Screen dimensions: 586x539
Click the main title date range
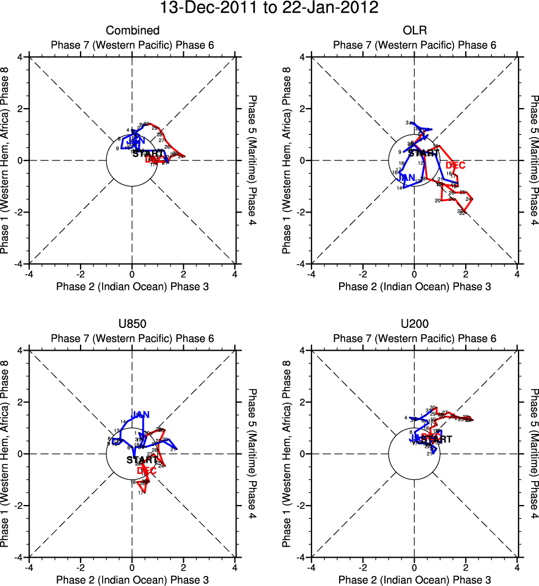click(x=269, y=8)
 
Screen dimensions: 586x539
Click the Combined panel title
click(x=133, y=31)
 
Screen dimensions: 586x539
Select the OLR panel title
click(x=414, y=31)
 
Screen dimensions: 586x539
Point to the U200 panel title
click(x=414, y=324)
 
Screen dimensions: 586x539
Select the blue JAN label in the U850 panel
click(x=140, y=414)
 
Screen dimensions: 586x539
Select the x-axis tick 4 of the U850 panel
click(x=235, y=568)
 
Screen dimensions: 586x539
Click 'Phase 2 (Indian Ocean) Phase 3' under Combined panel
click(x=133, y=286)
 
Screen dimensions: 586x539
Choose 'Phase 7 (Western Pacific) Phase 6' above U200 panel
click(x=414, y=339)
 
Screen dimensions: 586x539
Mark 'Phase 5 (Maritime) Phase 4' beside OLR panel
click(x=534, y=160)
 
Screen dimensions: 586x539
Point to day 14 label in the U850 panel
click(x=123, y=422)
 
